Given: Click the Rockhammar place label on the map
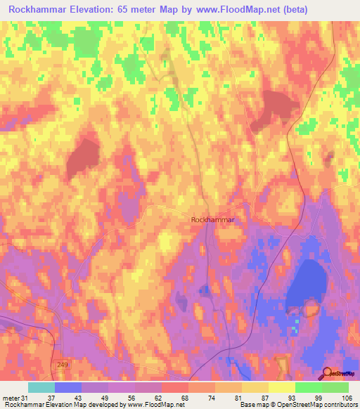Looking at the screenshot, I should pos(212,219).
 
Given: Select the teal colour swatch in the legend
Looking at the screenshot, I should pos(41,387).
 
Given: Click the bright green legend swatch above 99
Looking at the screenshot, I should pos(309,387).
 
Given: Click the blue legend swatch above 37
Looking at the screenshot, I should pos(68,387).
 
